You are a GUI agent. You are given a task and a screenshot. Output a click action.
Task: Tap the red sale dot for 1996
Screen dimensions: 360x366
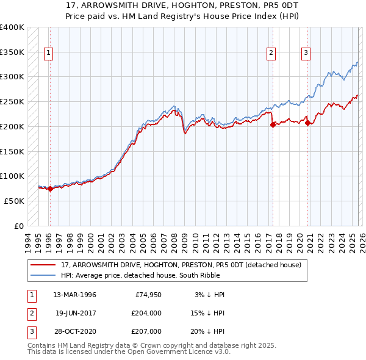tap(50, 189)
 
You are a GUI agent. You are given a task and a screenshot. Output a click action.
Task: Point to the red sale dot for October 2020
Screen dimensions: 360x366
tap(307, 123)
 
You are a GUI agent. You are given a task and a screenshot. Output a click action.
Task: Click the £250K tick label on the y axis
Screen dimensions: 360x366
tap(12, 102)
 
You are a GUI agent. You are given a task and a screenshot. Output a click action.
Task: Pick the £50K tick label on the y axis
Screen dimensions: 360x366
tap(14, 201)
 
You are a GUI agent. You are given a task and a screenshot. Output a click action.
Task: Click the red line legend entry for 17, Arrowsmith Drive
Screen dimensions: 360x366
tap(181, 265)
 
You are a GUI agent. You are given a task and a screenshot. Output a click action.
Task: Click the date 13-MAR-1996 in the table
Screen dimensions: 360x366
tap(75, 295)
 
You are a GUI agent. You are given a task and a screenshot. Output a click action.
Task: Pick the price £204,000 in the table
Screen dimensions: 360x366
tap(146, 313)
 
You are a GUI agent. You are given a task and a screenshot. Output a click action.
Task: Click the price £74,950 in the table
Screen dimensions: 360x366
tap(148, 295)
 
